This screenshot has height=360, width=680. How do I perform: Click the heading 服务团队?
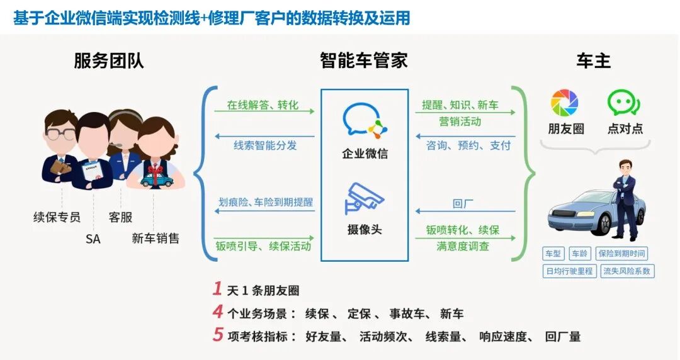[x=109, y=61]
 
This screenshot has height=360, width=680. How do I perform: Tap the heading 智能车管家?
[x=364, y=61]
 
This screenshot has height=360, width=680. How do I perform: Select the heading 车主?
[x=593, y=61]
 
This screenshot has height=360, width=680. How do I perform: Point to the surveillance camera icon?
[x=364, y=198]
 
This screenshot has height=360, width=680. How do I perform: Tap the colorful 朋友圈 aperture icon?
[x=565, y=103]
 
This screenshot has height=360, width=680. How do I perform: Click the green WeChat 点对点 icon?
[x=623, y=103]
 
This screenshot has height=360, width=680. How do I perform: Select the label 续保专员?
[x=57, y=217]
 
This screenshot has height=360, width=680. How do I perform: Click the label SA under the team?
[x=93, y=239]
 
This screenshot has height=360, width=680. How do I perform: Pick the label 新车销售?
[x=156, y=239]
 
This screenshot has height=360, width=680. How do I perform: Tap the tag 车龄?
[x=579, y=254]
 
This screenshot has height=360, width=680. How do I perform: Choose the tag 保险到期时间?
[x=621, y=254]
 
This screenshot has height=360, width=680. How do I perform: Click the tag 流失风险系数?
[x=628, y=271]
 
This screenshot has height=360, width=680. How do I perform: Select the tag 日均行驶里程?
[x=569, y=271]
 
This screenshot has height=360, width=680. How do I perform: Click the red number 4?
[x=218, y=312]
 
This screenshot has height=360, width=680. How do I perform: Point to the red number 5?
[x=218, y=335]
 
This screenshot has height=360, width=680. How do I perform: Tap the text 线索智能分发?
[x=265, y=145]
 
